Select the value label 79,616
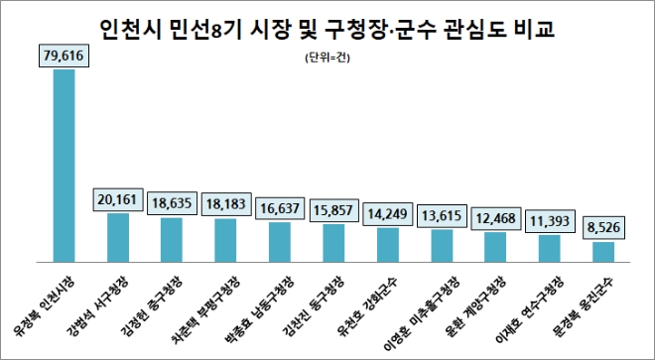click(x=65, y=57)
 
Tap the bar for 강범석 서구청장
click(x=118, y=235)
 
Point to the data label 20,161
click(x=118, y=198)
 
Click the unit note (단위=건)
click(x=326, y=62)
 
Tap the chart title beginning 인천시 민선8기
click(x=327, y=29)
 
